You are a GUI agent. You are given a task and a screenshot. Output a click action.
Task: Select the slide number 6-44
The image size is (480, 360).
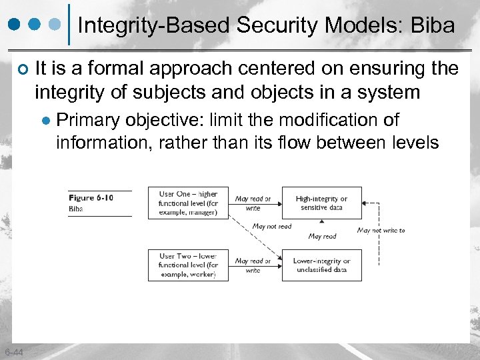[13, 352]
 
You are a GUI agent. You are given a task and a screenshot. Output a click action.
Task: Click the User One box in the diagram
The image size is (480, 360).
[189, 203]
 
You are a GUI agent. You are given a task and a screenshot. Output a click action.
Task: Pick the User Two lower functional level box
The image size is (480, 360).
[189, 265]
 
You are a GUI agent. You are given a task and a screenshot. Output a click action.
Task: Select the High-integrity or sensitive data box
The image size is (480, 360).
[321, 203]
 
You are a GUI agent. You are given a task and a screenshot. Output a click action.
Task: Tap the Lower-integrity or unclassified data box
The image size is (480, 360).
[321, 265]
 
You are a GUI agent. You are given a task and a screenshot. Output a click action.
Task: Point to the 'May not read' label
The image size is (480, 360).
[271, 227]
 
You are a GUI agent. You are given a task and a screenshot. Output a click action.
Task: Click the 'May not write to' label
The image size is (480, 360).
[381, 231]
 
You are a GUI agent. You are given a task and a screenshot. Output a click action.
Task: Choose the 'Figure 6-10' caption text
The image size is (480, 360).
[91, 197]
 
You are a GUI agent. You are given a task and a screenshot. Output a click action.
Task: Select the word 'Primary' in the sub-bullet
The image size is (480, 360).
[85, 120]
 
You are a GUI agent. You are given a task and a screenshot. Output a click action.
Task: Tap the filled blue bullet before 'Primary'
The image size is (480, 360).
[46, 121]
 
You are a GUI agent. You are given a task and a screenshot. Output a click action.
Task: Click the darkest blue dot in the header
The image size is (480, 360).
[14, 26]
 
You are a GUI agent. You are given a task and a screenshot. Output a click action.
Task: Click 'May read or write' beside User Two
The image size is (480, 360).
[253, 265]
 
